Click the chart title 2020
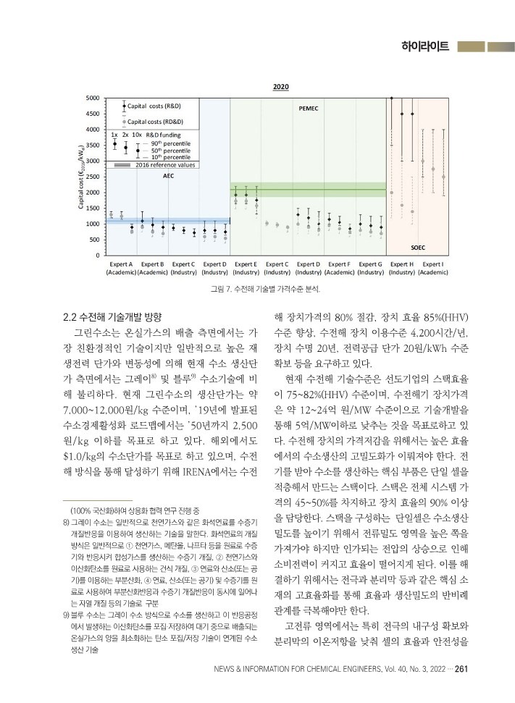(280, 87)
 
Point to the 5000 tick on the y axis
(93, 98)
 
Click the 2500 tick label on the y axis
(93, 177)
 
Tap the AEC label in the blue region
(168, 176)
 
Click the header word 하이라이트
(427, 47)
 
